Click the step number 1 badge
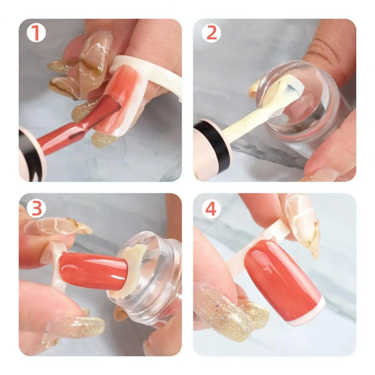[36, 33]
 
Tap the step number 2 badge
[211, 33]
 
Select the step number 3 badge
[36, 208]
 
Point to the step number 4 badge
[211, 208]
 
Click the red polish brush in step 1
[79, 128]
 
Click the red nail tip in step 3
[93, 268]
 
